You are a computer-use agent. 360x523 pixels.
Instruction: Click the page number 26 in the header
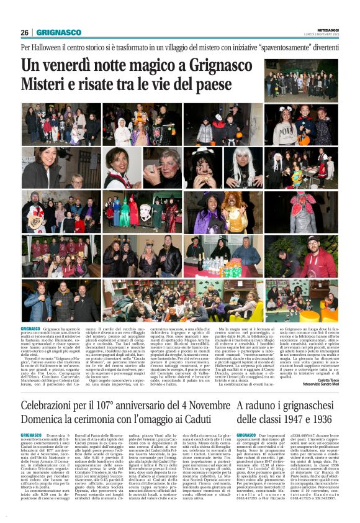[x=25, y=32]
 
